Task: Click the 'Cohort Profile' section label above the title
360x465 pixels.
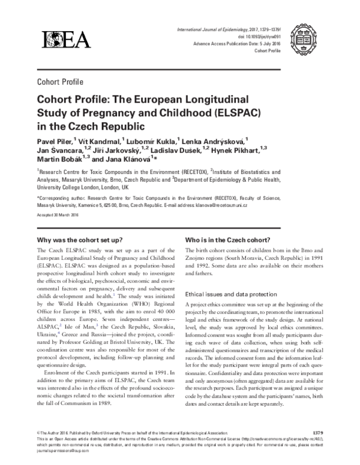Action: coord(60,82)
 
